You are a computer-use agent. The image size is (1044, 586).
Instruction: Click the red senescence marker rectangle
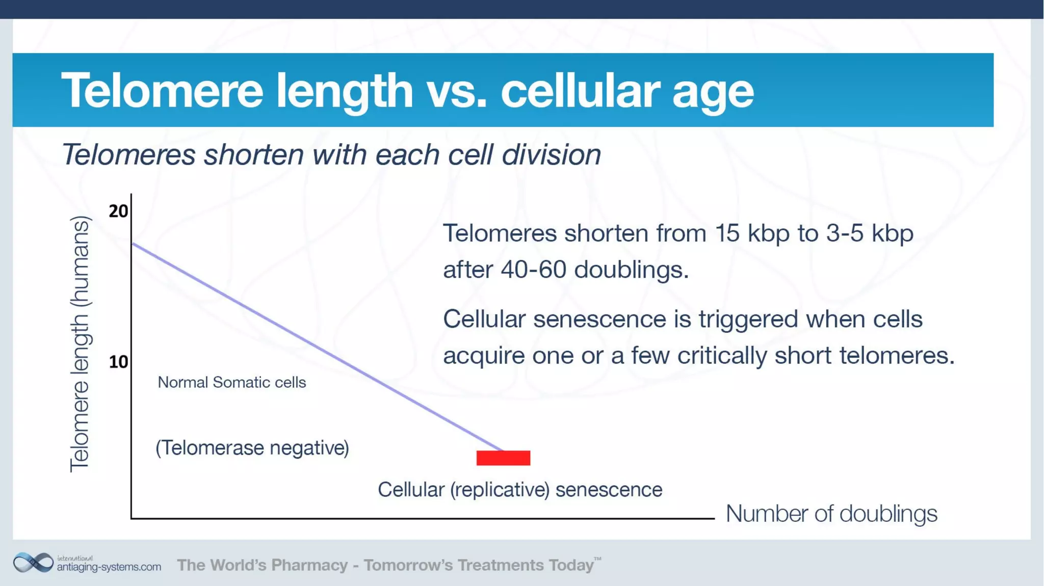[x=503, y=458]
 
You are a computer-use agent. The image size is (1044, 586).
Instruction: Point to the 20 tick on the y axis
[x=118, y=211]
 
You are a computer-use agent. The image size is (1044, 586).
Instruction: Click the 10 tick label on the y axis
[x=118, y=362]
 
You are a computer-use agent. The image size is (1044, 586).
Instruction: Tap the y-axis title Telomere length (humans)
[x=80, y=344]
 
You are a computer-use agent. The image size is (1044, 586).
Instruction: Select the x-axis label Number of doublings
[x=831, y=514]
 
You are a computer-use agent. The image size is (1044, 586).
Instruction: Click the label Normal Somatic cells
[x=231, y=382]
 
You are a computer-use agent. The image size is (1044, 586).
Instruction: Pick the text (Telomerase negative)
[x=252, y=448]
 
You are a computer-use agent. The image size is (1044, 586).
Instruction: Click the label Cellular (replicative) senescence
[x=519, y=490]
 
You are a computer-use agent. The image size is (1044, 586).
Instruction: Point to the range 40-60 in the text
[x=533, y=270]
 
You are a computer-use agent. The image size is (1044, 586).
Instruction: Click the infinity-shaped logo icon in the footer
[x=33, y=563]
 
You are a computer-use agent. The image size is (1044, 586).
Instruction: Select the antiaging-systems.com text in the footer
[x=109, y=567]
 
